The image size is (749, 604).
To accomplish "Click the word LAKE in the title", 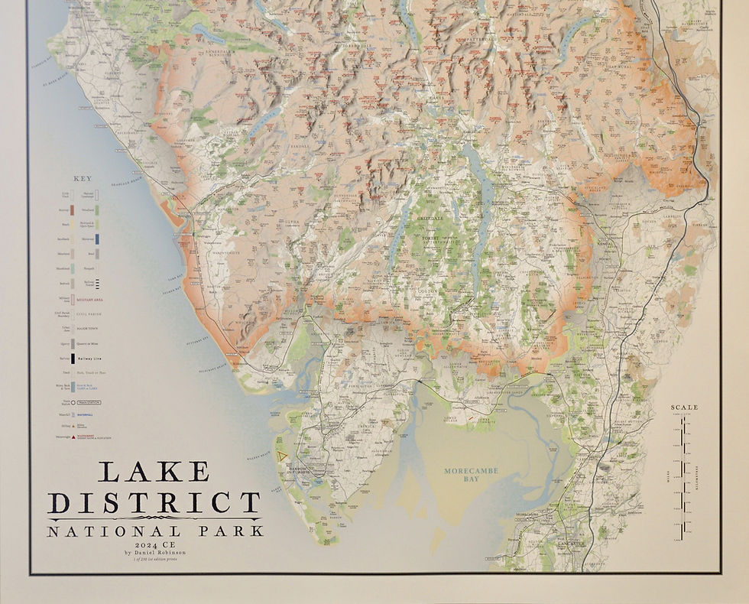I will click(x=154, y=472).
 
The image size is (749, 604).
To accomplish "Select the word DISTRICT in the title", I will click(x=154, y=503).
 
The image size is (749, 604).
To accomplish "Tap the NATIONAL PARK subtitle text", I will click(x=154, y=531).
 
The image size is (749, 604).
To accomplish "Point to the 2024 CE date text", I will click(x=154, y=544).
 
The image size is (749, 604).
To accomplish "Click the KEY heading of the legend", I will click(x=82, y=179).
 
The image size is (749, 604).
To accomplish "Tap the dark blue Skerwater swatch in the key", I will click(x=97, y=239).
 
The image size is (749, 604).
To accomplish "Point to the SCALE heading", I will click(x=684, y=408).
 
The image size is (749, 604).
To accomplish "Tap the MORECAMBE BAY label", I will click(x=471, y=476).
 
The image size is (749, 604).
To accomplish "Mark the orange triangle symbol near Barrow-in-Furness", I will click(x=283, y=456).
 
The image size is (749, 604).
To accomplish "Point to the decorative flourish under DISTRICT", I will click(x=154, y=518).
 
